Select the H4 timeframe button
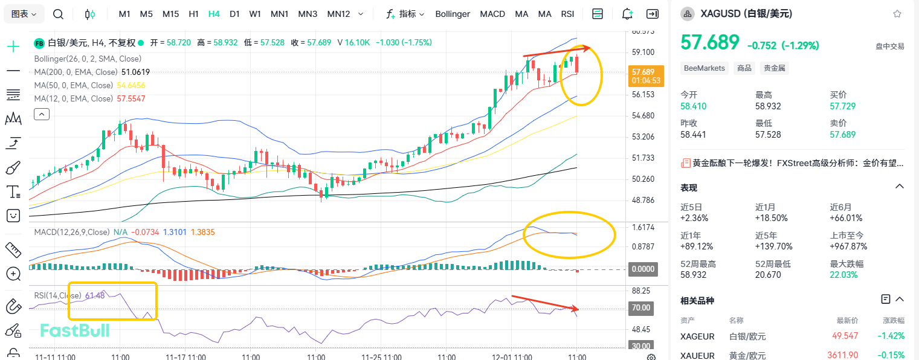tap(214, 14)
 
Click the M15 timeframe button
tap(170, 14)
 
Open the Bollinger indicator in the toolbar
tap(452, 14)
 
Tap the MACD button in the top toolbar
tap(492, 14)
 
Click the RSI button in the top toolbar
tap(567, 14)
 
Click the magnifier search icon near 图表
tap(58, 14)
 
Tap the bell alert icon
tap(627, 14)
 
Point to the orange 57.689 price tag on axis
tap(646, 76)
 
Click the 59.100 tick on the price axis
tap(643, 53)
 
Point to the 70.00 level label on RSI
tap(642, 308)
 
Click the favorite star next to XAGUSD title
tap(897, 14)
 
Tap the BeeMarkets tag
tap(705, 68)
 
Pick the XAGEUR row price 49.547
tap(845, 336)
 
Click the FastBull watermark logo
tap(74, 330)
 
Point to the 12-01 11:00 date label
tap(511, 357)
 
